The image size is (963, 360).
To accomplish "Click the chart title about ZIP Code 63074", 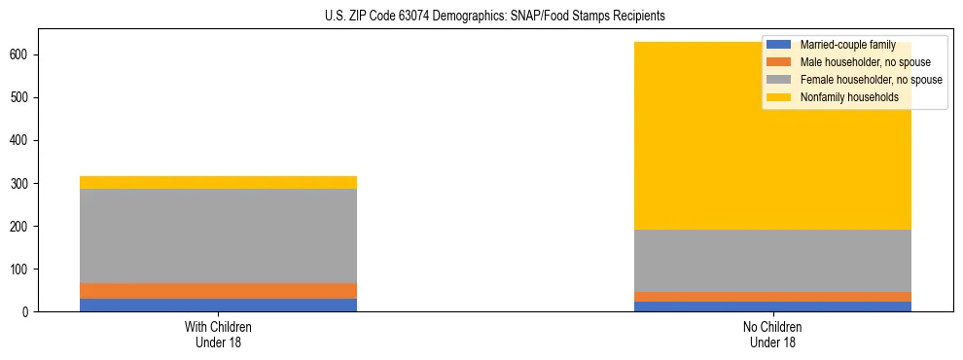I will pos(495,17).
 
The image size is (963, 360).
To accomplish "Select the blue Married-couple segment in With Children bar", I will pos(218,305).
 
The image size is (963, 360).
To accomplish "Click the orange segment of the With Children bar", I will pos(218,291).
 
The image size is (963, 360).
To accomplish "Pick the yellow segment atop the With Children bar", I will pos(218,182).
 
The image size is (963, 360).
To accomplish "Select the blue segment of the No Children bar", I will pos(772,306).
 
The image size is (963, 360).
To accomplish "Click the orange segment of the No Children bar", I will pos(772,297).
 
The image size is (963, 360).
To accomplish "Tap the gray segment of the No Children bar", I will pos(772,261).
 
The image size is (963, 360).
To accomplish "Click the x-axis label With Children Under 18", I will pos(218,335).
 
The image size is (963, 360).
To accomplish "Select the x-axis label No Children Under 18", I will pos(772,335).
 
